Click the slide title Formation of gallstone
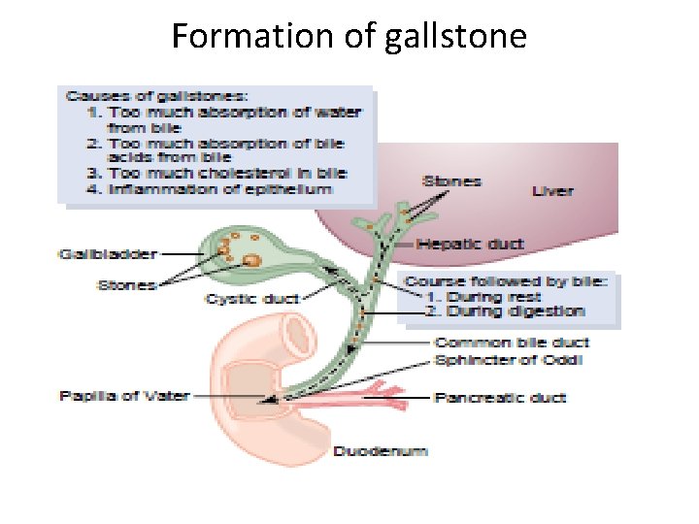pyautogui.click(x=349, y=37)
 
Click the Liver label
pyautogui.click(x=552, y=191)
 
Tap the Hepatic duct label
pyautogui.click(x=470, y=245)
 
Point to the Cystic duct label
pyautogui.click(x=252, y=299)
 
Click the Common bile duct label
pyautogui.click(x=512, y=343)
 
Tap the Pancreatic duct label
pyautogui.click(x=500, y=397)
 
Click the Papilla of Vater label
pyautogui.click(x=124, y=396)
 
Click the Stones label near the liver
pyautogui.click(x=451, y=180)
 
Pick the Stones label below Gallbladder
pyautogui.click(x=126, y=284)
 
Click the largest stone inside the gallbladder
pyautogui.click(x=251, y=260)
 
